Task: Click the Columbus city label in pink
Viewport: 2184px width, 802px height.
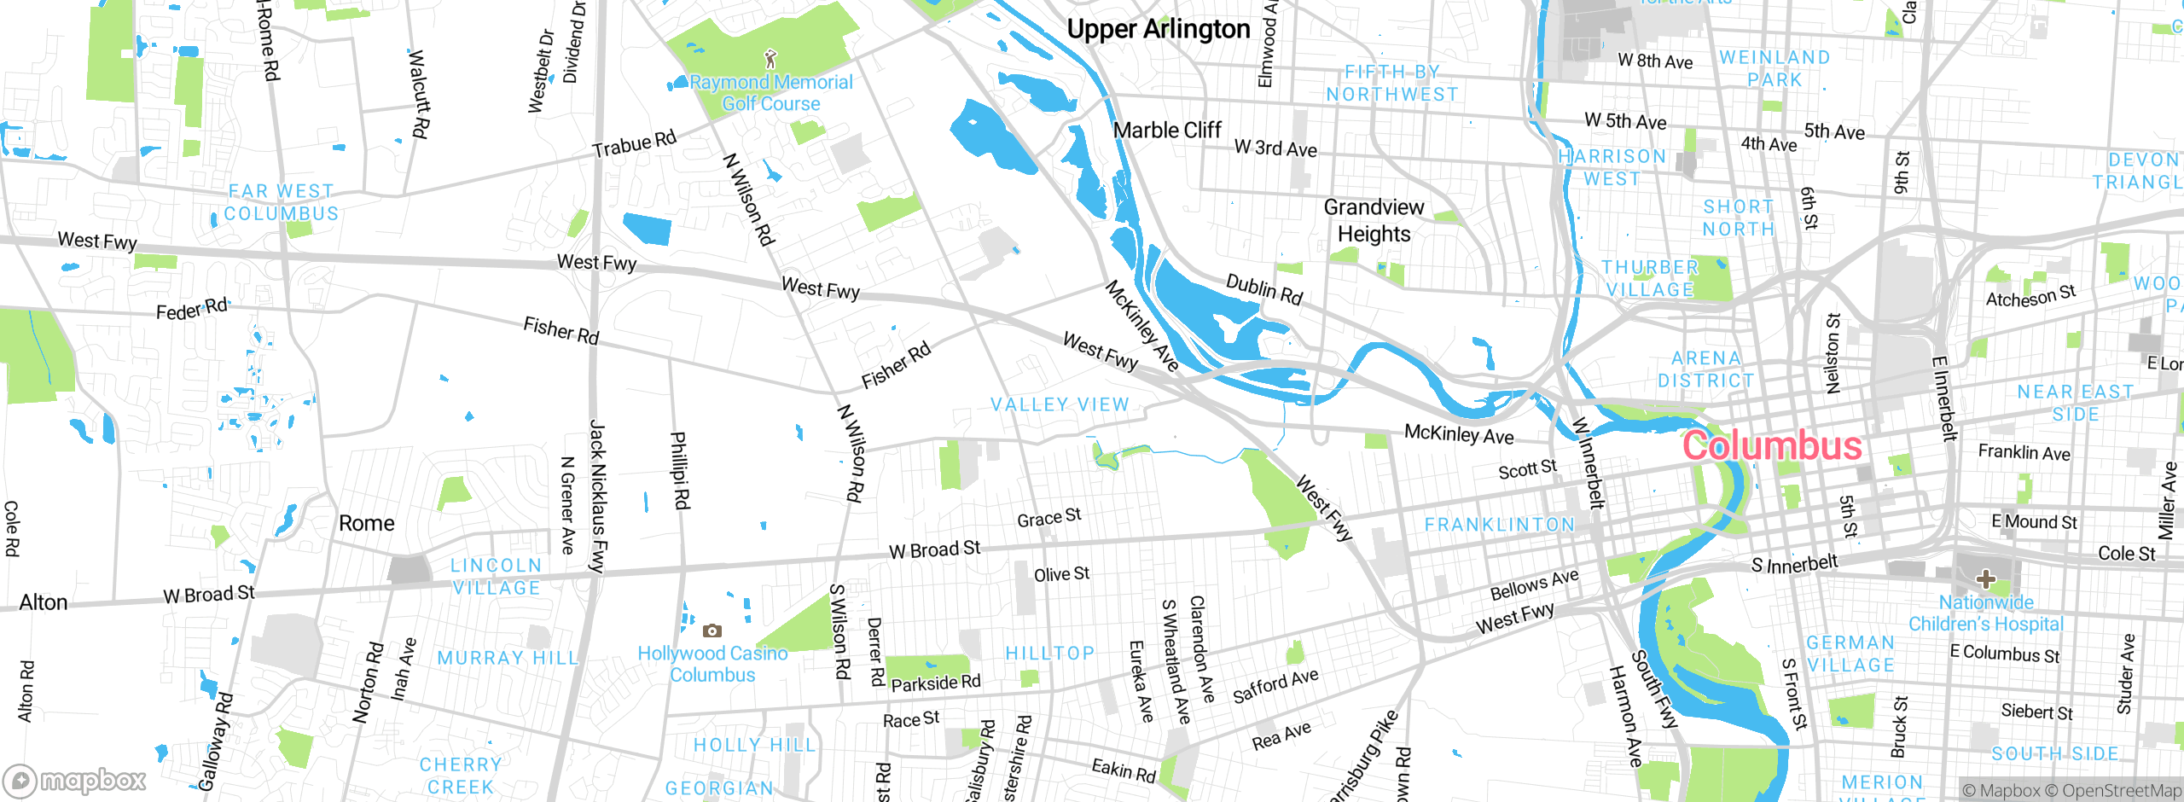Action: [x=1771, y=446]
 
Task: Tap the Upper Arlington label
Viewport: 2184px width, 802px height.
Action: [x=1158, y=30]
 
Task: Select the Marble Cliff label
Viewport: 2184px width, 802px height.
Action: [x=1167, y=131]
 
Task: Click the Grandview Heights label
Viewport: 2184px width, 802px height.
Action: [x=1374, y=220]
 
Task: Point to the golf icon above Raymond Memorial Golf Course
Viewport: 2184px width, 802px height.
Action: [x=771, y=59]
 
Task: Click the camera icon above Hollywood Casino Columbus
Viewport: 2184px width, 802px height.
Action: [x=712, y=631]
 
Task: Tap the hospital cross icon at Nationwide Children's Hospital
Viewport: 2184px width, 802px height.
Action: [x=1985, y=579]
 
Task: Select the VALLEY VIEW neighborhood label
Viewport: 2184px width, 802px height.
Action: [x=1060, y=404]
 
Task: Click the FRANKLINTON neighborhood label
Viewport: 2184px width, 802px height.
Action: [x=1500, y=525]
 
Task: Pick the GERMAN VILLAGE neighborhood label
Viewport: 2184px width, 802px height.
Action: [x=1850, y=654]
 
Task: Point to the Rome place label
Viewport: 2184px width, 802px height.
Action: [x=367, y=523]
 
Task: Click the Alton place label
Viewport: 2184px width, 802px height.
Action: [x=44, y=602]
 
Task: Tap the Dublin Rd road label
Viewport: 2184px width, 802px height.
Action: [x=1264, y=289]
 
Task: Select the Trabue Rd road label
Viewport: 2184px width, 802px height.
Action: [x=635, y=144]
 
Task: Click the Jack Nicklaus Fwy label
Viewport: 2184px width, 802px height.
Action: [x=597, y=495]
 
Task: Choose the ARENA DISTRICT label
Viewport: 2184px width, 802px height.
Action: [x=1706, y=369]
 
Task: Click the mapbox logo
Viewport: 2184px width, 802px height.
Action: [x=75, y=780]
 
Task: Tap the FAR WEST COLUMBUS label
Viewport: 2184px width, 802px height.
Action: [x=282, y=202]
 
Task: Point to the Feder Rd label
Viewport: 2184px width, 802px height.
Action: [x=192, y=309]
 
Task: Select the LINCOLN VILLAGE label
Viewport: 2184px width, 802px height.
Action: [x=497, y=577]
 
